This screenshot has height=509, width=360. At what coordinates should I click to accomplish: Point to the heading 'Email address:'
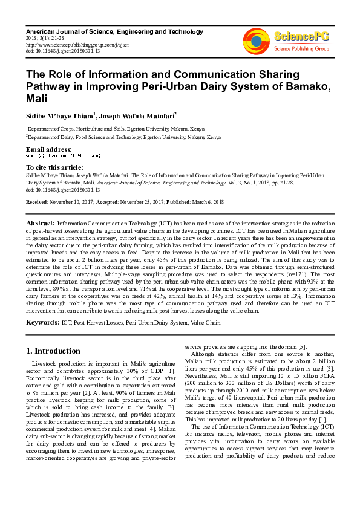coord(49,149)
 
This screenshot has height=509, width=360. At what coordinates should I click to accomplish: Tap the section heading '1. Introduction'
coord(53,351)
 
